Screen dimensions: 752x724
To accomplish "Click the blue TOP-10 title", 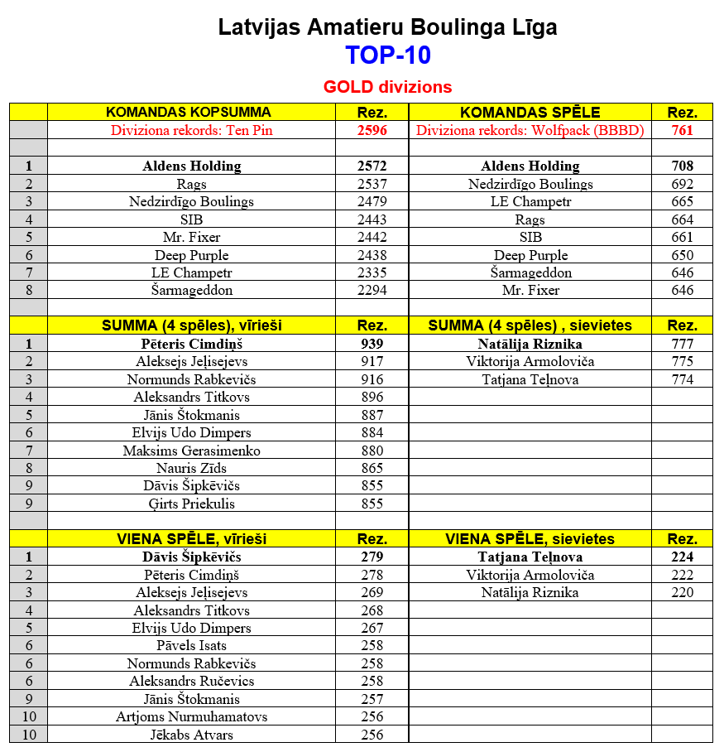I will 387,55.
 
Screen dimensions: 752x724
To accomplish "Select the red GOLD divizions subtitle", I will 387,87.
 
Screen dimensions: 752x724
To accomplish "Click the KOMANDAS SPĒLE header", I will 530,113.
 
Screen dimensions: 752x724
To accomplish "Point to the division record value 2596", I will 372,130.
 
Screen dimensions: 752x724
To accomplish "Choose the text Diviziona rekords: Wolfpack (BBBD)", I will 530,130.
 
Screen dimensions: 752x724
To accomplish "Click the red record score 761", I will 683,130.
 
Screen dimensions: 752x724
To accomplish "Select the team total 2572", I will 372,166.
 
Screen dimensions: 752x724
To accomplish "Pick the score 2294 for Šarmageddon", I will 372,291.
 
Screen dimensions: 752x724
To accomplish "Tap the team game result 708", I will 683,166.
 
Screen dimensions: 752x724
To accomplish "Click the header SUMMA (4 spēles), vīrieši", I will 192,326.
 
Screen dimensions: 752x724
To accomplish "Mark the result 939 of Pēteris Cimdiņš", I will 372,344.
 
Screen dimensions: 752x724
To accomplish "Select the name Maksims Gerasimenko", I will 192,451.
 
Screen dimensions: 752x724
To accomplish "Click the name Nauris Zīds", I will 192,469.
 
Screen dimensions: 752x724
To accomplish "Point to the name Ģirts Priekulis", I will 192,504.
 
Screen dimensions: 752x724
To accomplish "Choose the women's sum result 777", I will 683,344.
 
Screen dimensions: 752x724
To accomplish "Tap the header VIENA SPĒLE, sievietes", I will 530,539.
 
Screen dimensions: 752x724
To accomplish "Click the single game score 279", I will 372,557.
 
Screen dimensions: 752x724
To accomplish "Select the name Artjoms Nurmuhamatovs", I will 192,717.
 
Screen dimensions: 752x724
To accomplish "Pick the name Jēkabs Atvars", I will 192,735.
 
